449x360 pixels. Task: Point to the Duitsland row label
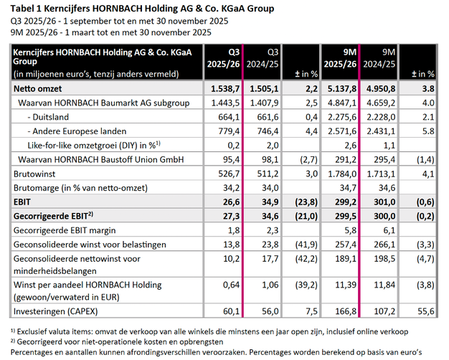pos(56,117)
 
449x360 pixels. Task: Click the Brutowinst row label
pos(35,173)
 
